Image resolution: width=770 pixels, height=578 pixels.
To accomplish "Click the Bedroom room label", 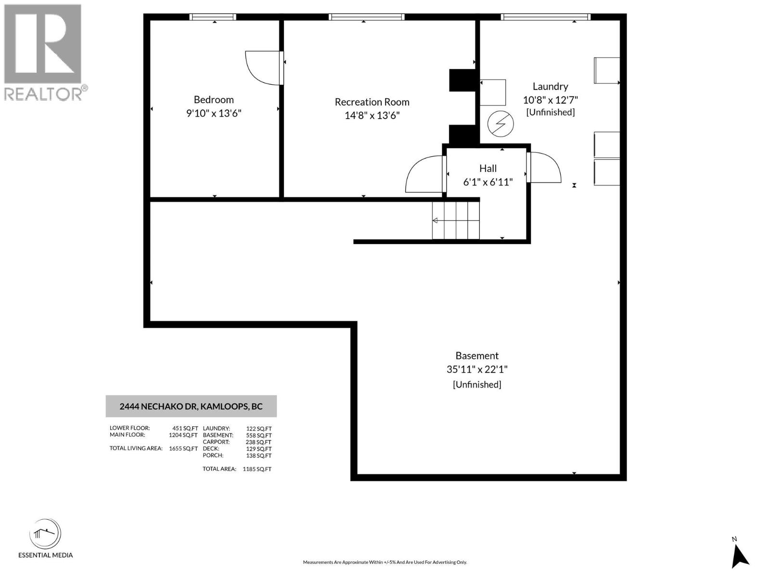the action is (214, 100).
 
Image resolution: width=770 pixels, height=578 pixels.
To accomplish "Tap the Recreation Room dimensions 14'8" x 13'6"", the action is (372, 116).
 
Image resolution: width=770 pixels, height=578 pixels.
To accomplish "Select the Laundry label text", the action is (550, 87).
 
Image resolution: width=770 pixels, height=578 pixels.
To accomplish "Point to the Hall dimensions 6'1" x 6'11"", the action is (488, 182).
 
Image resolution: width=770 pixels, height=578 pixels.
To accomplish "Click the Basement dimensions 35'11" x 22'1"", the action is (477, 369).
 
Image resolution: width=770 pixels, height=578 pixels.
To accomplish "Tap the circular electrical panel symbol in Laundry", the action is (500, 124).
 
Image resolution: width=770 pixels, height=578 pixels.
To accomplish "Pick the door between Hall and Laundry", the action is (543, 168).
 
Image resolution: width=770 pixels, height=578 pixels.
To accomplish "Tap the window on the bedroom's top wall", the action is (213, 17).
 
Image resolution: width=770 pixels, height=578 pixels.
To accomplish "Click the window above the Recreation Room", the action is (367, 17).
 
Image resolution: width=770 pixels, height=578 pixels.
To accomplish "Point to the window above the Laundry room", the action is (545, 17).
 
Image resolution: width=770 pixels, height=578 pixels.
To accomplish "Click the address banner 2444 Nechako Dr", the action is (191, 407).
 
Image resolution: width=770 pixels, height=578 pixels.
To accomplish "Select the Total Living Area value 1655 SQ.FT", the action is (183, 448).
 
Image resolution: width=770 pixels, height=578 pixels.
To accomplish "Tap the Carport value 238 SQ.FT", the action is (258, 442).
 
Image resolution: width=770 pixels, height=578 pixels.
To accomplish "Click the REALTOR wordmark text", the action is (43, 94).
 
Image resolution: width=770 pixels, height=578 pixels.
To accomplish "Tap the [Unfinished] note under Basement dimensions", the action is (477, 385).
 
